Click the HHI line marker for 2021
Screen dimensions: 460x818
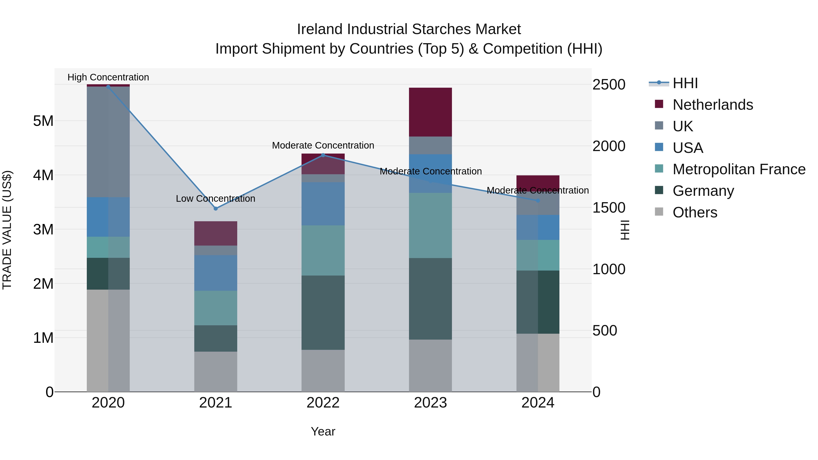tap(216, 209)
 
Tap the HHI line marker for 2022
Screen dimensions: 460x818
tap(323, 155)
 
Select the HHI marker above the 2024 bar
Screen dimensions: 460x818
tap(538, 201)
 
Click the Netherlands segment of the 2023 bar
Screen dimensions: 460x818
tap(430, 112)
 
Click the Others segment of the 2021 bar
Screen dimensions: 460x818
tap(216, 371)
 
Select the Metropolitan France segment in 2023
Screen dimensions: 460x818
tap(430, 225)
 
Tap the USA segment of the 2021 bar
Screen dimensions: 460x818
tap(216, 273)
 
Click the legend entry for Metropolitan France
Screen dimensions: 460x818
tap(739, 169)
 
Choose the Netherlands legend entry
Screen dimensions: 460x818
tap(713, 105)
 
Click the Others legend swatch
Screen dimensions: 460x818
tap(659, 212)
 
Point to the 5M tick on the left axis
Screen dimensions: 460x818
tap(43, 121)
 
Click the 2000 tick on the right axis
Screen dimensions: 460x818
tap(609, 146)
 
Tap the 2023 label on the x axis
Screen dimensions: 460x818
tap(430, 403)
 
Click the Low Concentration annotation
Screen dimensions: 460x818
tap(216, 198)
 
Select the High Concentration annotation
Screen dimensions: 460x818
tap(108, 77)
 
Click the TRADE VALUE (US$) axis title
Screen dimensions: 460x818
tap(7, 230)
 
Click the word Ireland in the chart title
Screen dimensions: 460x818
tap(320, 29)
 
